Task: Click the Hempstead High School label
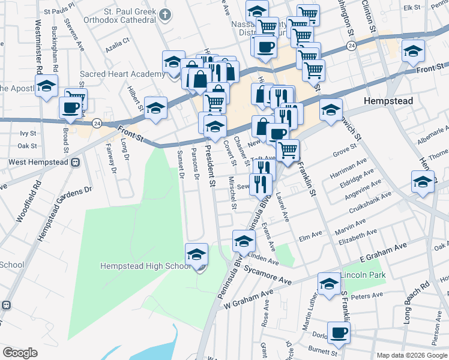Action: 145,266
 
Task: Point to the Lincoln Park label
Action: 363,275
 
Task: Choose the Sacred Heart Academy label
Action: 122,74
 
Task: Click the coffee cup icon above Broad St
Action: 70,109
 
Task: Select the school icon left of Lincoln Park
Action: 329,284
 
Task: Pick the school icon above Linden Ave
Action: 243,242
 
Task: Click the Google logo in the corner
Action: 20,353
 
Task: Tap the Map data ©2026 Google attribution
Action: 411,355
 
